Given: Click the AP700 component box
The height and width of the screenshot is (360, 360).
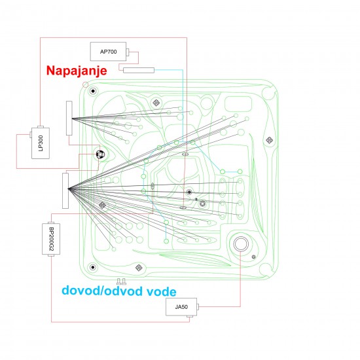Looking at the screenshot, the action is tap(108, 52).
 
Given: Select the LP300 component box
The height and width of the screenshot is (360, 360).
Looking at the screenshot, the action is tap(41, 143).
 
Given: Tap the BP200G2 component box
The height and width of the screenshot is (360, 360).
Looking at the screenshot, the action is tap(51, 239).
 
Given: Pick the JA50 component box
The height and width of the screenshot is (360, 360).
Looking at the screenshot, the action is tap(181, 307).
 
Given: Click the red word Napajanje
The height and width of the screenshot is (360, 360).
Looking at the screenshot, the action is tap(77, 70).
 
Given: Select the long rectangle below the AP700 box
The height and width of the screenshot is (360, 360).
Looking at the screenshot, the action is tap(139, 70).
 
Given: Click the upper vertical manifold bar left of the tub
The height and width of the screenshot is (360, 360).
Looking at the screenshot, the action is tap(69, 118).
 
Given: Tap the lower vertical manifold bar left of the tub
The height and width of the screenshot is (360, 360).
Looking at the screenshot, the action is tap(65, 190).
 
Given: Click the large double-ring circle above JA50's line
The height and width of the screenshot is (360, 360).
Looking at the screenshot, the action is tap(241, 244).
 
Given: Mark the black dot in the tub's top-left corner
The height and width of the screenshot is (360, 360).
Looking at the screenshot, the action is tap(93, 91).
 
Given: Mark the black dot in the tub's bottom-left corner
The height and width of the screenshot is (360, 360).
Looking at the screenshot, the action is tap(93, 267).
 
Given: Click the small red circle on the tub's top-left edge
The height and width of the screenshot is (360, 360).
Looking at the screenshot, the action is tap(85, 84).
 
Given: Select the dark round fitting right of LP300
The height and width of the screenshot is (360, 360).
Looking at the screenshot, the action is tap(100, 154).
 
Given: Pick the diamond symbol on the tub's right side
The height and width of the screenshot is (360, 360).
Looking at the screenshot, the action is tap(269, 140).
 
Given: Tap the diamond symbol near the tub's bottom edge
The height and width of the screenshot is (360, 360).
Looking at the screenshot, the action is tap(139, 268).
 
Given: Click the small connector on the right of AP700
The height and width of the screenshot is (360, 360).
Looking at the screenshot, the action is tap(128, 52).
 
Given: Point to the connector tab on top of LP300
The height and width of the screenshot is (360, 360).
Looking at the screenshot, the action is tap(41, 127).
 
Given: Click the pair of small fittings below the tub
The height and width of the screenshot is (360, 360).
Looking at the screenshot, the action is tap(122, 281).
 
